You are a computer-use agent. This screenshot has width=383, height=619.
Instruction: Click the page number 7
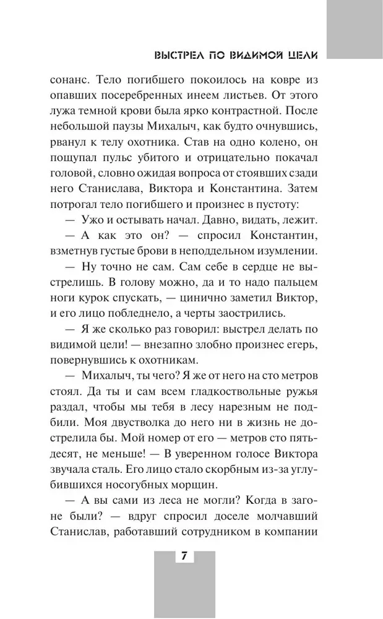click(x=184, y=556)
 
